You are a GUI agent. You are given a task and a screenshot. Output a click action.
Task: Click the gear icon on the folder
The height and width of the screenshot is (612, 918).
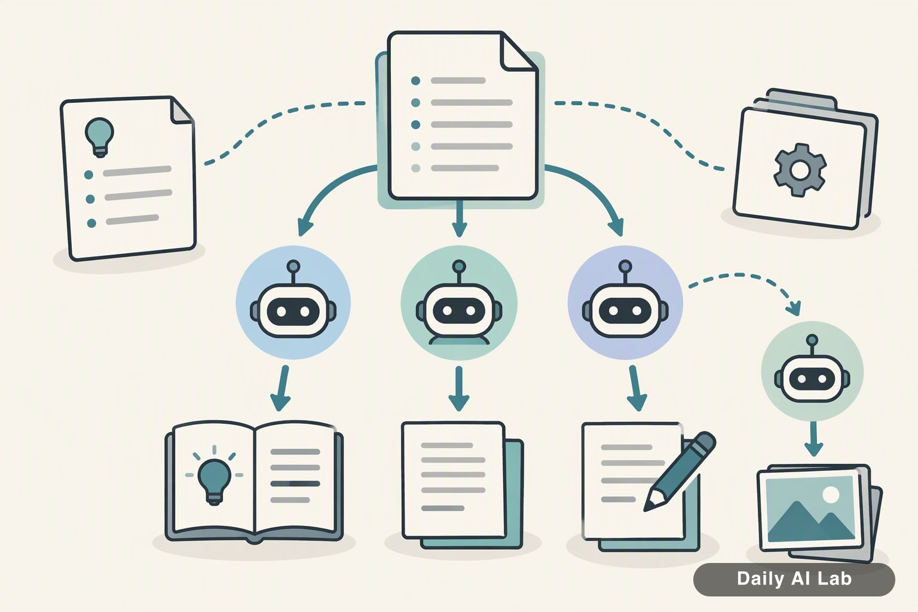pos(800,170)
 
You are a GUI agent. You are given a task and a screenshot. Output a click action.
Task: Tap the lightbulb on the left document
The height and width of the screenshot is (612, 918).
pos(99,137)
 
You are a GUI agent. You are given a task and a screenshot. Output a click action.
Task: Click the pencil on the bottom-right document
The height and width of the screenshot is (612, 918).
pos(679,472)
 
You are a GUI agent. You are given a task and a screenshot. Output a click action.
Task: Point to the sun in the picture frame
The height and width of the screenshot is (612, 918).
pos(831,494)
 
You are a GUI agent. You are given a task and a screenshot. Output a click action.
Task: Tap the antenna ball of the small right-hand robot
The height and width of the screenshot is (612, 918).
pos(812,340)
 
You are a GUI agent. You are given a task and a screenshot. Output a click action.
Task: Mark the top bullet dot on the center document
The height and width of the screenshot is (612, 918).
pos(415,81)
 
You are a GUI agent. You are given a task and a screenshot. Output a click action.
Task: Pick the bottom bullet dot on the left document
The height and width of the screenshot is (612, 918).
pos(91,224)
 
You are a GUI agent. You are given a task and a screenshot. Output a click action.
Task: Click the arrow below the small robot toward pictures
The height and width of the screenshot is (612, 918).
pos(813,439)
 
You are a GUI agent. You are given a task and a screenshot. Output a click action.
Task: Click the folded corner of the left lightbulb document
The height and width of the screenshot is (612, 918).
pos(181,110)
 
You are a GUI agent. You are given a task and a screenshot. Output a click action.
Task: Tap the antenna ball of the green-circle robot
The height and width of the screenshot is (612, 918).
pos(459,266)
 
